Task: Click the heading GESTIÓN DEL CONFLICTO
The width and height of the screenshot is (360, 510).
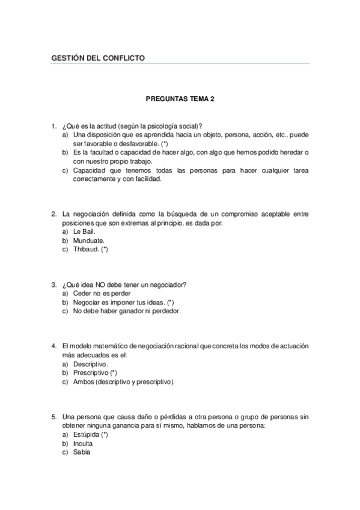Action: (x=99, y=58)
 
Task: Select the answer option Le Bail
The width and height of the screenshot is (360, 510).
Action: (x=84, y=231)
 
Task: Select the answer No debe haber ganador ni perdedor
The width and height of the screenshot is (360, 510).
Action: (x=126, y=311)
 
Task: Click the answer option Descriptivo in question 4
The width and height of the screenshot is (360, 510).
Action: (x=90, y=364)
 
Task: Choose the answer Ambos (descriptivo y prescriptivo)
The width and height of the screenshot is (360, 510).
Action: (x=124, y=382)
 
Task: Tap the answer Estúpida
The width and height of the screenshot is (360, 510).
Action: (x=90, y=434)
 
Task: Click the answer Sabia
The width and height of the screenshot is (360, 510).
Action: (x=81, y=452)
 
